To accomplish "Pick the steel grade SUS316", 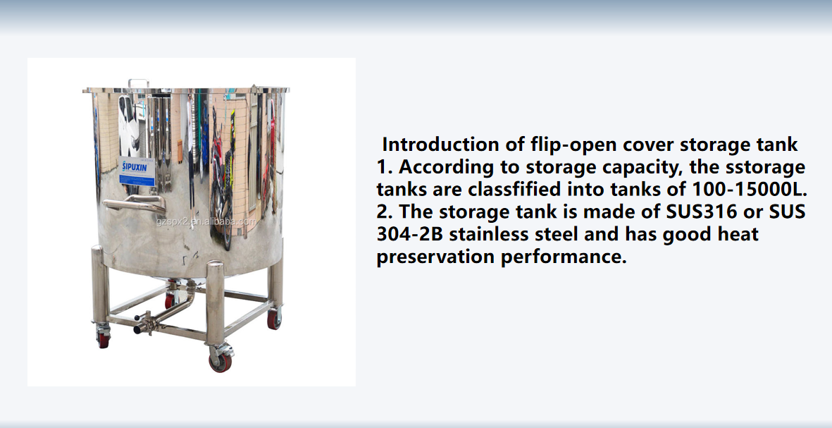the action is point(702,212).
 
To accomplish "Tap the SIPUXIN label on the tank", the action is point(137,171).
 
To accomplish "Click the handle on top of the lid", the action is point(139,83).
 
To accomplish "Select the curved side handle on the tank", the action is point(135,203).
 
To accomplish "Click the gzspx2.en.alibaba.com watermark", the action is point(206,221).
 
